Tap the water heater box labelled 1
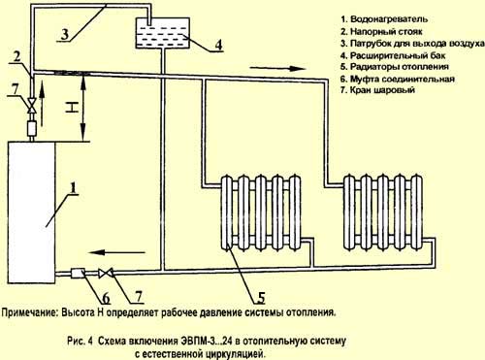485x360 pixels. pyautogui.click(x=32, y=213)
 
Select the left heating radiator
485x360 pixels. pyautogui.click(x=261, y=213)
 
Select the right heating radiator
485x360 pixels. pyautogui.click(x=383, y=213)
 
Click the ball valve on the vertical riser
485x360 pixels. pyautogui.click(x=32, y=106)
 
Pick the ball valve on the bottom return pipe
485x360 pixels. pyautogui.click(x=106, y=274)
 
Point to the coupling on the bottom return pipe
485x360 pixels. pyautogui.click(x=78, y=274)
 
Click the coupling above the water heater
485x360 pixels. pyautogui.click(x=32, y=128)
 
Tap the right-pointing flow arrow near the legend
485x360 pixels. pyautogui.click(x=278, y=69)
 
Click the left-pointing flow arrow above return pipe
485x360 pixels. pyautogui.click(x=118, y=252)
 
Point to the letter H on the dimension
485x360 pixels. pyautogui.click(x=73, y=108)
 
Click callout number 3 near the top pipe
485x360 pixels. pyautogui.click(x=65, y=33)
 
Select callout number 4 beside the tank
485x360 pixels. pyautogui.click(x=219, y=45)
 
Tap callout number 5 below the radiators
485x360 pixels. pyautogui.click(x=261, y=297)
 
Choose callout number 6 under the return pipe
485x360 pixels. pyautogui.click(x=106, y=298)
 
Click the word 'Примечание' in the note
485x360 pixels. pyautogui.click(x=30, y=312)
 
